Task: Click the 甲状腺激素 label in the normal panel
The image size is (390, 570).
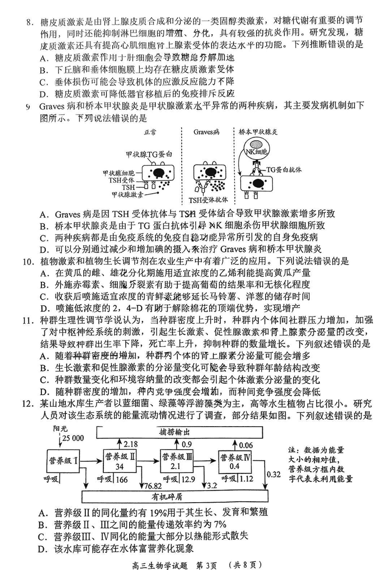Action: tap(127, 194)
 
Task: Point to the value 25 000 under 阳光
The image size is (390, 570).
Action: tap(72, 438)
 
